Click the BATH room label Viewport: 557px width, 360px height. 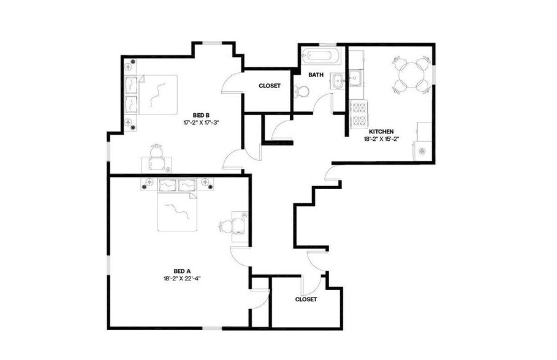coord(316,75)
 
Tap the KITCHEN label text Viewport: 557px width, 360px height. coord(381,131)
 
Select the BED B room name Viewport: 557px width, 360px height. coord(202,114)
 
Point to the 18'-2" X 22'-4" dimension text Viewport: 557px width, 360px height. coord(183,279)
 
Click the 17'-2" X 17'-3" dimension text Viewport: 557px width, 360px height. coord(202,122)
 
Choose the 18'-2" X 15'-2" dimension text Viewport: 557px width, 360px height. coord(381,139)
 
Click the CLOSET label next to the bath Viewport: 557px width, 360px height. coord(270,86)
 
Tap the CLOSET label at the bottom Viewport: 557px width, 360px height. coord(306,299)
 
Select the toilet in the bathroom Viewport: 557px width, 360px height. coord(300,91)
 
